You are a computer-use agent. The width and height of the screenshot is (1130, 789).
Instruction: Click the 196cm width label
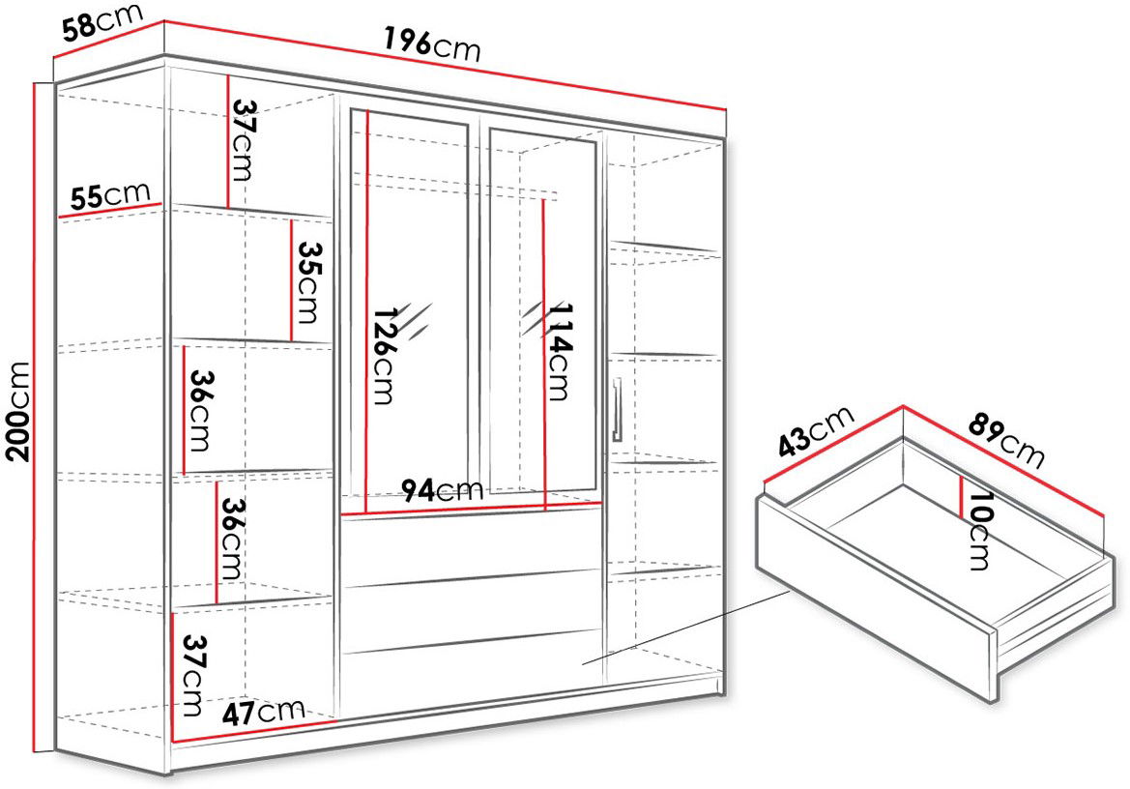[432, 44]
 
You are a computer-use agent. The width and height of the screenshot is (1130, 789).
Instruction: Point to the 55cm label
[110, 196]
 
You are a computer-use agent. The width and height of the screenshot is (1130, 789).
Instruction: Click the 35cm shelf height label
[308, 282]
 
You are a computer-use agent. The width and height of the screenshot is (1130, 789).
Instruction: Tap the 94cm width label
[441, 490]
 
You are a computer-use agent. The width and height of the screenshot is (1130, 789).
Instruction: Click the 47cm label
[262, 713]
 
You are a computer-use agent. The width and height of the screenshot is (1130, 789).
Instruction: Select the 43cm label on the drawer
[817, 431]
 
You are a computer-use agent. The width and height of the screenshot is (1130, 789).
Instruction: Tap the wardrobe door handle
[617, 409]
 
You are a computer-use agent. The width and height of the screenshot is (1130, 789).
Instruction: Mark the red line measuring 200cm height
[35, 417]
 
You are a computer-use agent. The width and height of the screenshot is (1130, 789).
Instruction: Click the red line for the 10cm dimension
[962, 496]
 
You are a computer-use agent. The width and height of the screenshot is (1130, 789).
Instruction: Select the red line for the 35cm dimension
[291, 279]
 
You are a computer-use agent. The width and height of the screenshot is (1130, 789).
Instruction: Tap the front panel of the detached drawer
[877, 598]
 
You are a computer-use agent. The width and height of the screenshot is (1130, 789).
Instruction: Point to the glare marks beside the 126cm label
[415, 321]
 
